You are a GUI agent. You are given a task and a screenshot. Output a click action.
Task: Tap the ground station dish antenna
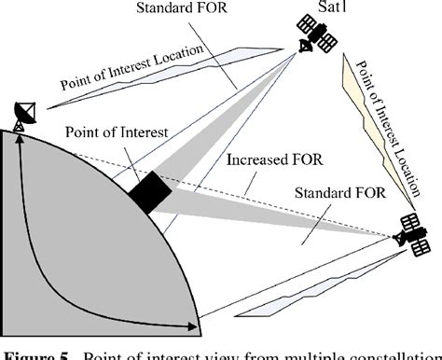click(x=24, y=114)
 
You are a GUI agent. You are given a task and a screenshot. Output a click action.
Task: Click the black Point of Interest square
click(x=149, y=190)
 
